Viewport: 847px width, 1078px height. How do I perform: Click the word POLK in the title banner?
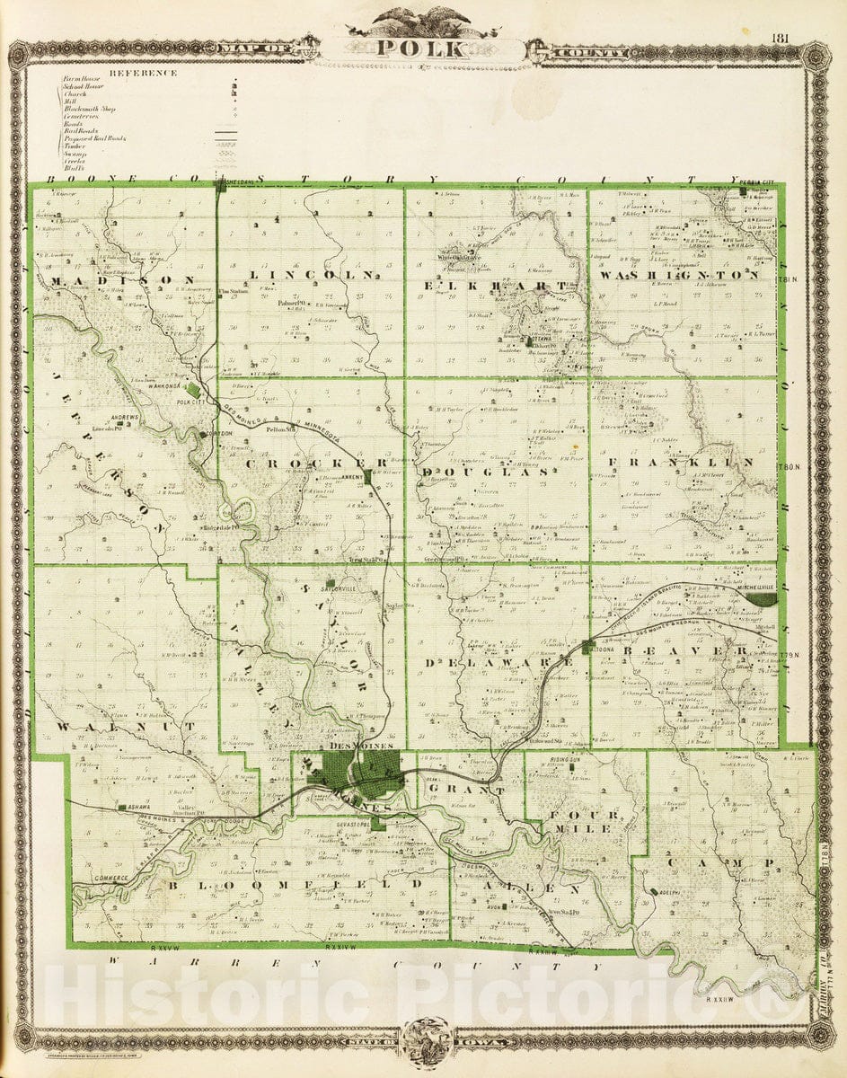point(420,49)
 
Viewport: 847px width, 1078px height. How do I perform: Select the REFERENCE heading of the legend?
point(143,73)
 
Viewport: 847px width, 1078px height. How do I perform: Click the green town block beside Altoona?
point(587,647)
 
